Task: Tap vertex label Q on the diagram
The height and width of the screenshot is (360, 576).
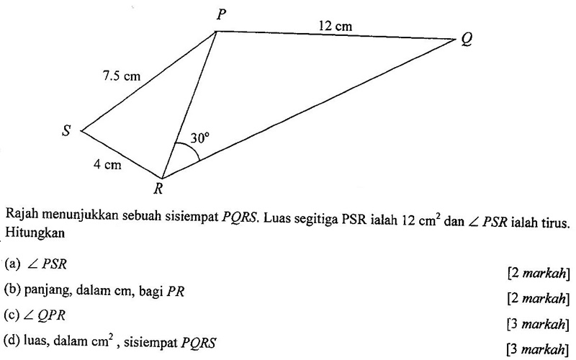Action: click(x=468, y=42)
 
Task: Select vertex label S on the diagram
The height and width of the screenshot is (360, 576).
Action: click(x=68, y=132)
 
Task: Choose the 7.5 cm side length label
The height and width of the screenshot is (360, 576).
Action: click(x=121, y=75)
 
